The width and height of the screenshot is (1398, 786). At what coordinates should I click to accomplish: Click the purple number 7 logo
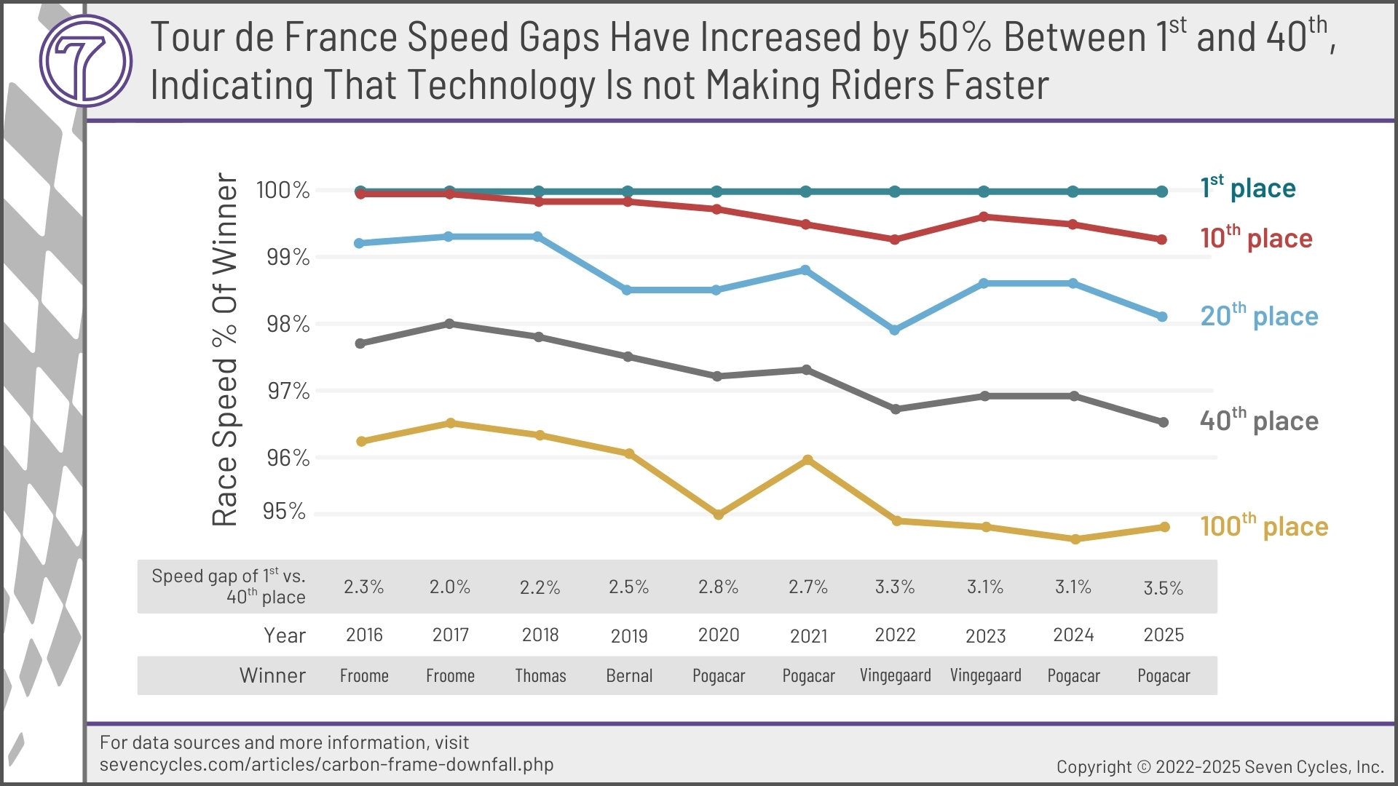[86, 61]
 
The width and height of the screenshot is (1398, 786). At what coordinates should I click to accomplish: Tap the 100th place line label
[1263, 526]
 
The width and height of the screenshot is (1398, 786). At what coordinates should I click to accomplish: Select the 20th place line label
[1259, 316]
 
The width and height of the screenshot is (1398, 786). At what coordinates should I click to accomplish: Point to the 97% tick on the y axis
[288, 392]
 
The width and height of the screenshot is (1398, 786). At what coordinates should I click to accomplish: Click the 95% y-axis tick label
[284, 512]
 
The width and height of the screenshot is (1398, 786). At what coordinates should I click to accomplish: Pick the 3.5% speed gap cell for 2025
[1163, 588]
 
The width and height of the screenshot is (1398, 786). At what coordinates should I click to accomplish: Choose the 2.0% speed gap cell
[449, 587]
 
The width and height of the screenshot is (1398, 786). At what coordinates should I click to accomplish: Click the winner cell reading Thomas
[540, 676]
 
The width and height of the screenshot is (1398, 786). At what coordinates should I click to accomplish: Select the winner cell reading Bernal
[629, 676]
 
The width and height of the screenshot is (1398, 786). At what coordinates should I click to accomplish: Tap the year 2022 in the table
[895, 635]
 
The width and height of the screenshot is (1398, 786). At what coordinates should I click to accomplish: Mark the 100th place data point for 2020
[719, 515]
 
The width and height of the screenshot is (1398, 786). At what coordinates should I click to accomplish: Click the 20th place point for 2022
[895, 330]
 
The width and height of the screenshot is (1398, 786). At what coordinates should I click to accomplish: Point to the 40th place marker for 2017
[449, 323]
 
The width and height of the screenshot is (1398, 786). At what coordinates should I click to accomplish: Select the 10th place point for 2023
[984, 217]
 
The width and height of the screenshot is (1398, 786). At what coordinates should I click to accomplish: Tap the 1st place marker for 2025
[1162, 191]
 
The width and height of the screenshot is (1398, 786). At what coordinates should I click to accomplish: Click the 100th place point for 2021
[807, 460]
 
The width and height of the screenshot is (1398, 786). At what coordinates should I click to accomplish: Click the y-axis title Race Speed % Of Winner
[225, 349]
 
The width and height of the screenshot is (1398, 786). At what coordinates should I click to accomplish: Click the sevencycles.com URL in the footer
[326, 765]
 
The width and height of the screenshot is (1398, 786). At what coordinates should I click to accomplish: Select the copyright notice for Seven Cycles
[1220, 767]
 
